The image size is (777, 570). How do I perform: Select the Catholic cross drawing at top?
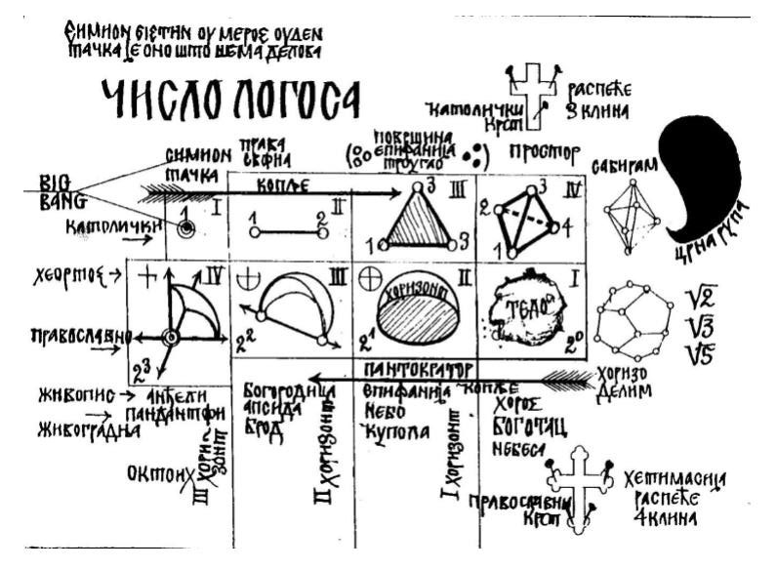pos(533,96)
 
